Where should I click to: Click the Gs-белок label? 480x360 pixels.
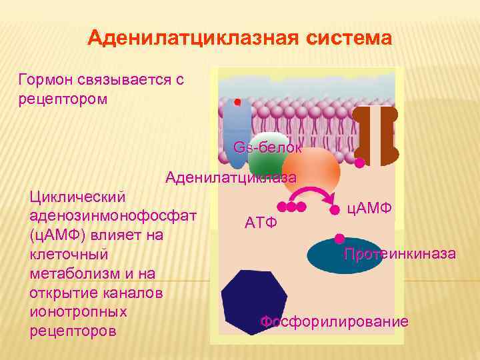(267, 147)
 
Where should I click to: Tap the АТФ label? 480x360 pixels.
(261, 221)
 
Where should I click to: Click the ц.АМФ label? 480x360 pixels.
(370, 208)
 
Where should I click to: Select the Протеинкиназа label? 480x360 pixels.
(400, 254)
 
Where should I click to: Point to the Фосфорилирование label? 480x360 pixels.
(334, 322)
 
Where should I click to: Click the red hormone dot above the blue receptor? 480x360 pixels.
(237, 102)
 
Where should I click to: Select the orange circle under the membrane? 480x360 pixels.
(311, 169)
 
